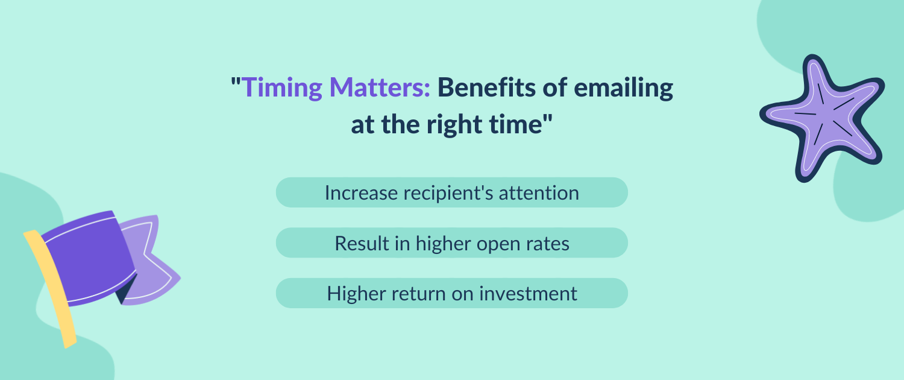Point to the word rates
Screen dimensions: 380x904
(548, 244)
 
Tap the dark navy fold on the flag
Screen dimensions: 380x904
(126, 291)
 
